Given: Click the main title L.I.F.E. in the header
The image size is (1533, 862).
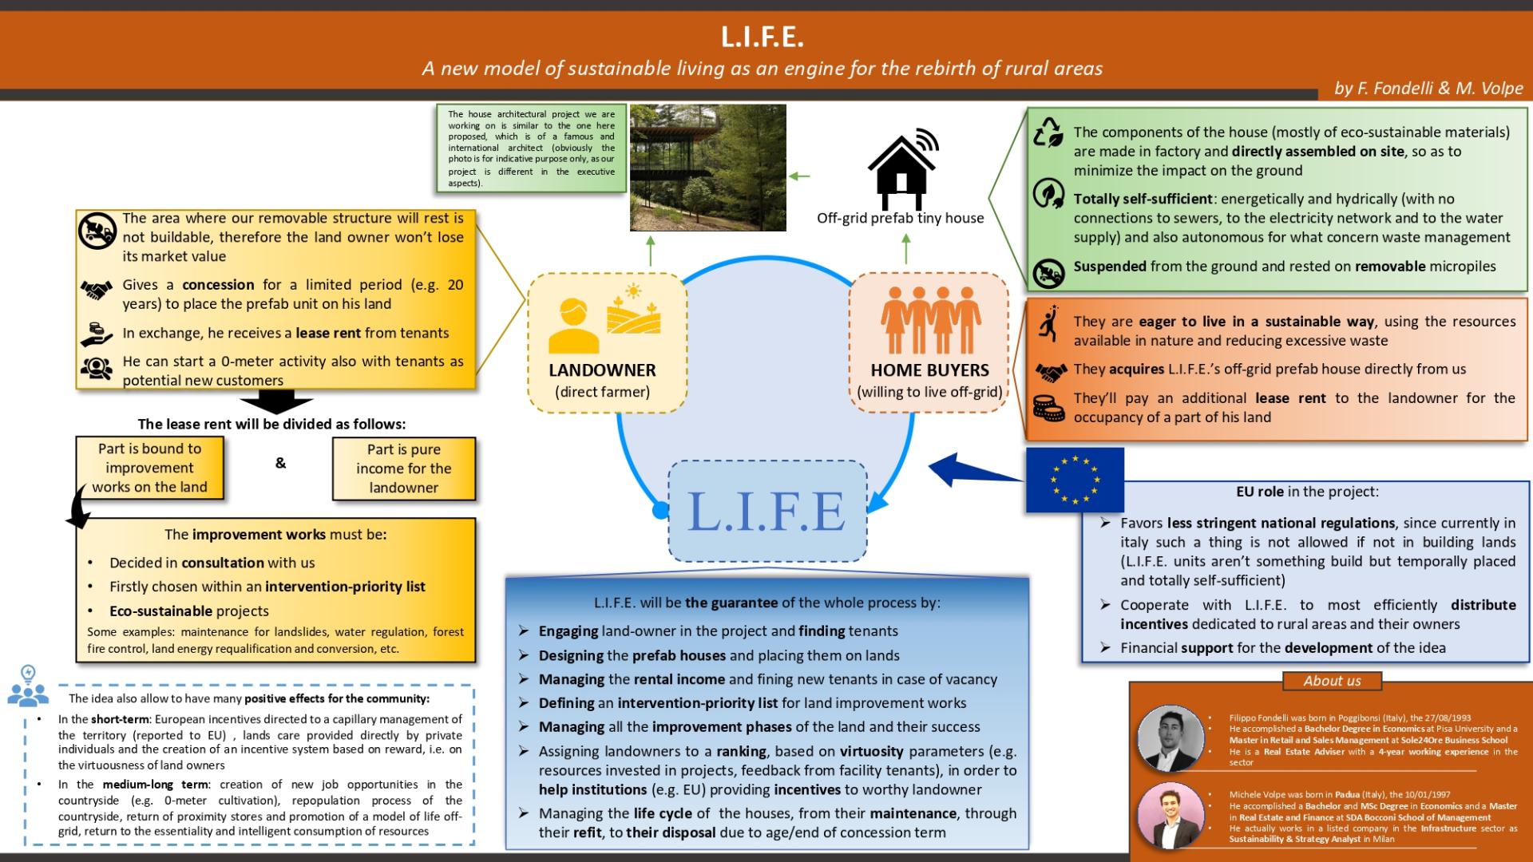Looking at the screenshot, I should (x=763, y=37).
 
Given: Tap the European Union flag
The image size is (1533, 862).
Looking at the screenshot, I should (x=1075, y=480).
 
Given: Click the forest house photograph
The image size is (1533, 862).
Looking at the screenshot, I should (x=707, y=168).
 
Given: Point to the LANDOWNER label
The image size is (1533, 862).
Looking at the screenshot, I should (x=602, y=370).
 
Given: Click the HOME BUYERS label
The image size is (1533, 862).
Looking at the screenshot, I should (x=929, y=370).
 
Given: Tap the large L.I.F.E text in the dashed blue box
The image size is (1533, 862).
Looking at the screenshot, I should (x=766, y=511).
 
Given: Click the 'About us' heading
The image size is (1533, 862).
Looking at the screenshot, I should (x=1332, y=681).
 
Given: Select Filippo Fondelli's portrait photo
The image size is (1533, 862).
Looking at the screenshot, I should (x=1171, y=738).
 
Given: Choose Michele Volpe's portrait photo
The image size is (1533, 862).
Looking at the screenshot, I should (x=1171, y=814).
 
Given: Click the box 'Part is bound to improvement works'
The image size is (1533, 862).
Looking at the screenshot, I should (x=149, y=469).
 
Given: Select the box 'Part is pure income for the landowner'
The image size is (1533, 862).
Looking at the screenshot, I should (x=403, y=469).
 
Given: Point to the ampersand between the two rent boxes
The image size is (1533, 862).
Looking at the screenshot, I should (x=280, y=463).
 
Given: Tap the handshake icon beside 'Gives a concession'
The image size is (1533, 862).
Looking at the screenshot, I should (x=97, y=291).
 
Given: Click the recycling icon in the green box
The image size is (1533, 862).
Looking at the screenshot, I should (x=1048, y=132).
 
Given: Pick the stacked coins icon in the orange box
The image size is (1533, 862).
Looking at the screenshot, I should (x=1048, y=408).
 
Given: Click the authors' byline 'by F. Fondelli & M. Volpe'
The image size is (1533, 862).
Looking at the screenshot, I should (x=1428, y=89).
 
